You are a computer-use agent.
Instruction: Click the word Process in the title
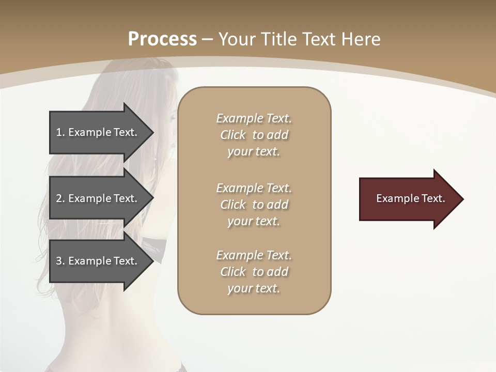[x=162, y=39]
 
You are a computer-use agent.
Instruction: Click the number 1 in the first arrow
[x=59, y=132]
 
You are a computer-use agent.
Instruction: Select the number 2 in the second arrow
[x=59, y=198]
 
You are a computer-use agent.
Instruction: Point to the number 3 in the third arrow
[x=59, y=261]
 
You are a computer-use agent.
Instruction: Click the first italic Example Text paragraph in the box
[x=254, y=135]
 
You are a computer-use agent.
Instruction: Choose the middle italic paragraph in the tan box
[x=254, y=205]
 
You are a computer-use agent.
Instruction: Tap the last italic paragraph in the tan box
[x=254, y=272]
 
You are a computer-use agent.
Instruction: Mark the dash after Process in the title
[x=207, y=39]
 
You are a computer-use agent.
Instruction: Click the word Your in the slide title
[x=234, y=39]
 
